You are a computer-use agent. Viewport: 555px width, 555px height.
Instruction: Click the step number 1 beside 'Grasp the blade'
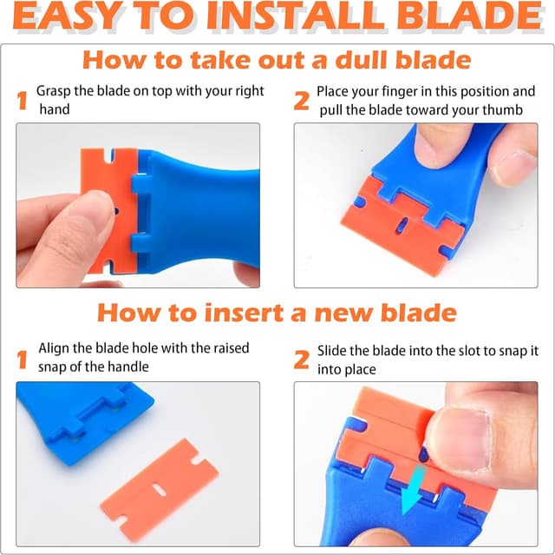click(23, 102)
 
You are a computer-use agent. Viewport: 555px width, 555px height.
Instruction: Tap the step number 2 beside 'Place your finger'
click(301, 102)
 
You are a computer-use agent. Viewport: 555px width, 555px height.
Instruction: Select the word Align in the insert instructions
click(55, 348)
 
